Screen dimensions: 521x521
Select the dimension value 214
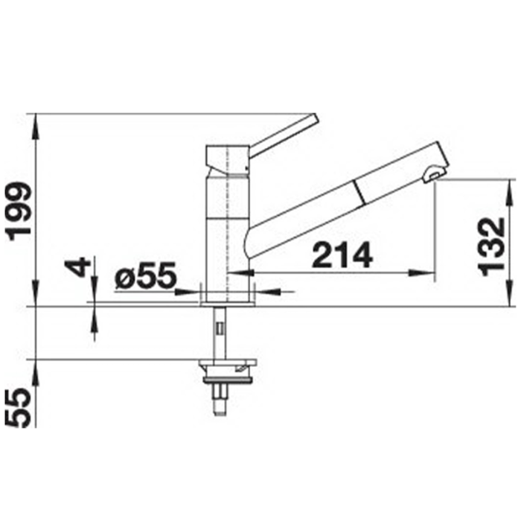(x=342, y=255)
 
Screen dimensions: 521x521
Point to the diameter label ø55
(x=145, y=275)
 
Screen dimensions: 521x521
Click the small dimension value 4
(x=78, y=267)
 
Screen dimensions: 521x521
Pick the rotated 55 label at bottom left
(x=20, y=408)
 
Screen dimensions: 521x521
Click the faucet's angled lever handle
(x=284, y=135)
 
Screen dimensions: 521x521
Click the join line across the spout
(x=359, y=192)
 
